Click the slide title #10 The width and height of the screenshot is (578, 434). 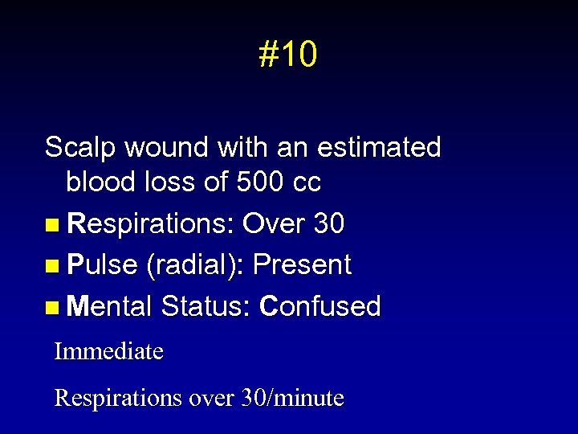point(288,55)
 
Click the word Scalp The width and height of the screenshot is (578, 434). point(77,148)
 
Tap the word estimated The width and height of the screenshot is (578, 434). point(379,148)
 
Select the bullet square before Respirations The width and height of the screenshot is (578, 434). point(52,225)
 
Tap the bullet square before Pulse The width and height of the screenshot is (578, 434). point(52,266)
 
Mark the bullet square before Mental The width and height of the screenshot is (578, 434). point(52,307)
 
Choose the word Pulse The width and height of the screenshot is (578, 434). point(103,265)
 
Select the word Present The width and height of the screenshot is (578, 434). point(302,265)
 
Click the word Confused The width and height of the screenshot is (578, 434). point(321,306)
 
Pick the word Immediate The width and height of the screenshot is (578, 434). point(108,351)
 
